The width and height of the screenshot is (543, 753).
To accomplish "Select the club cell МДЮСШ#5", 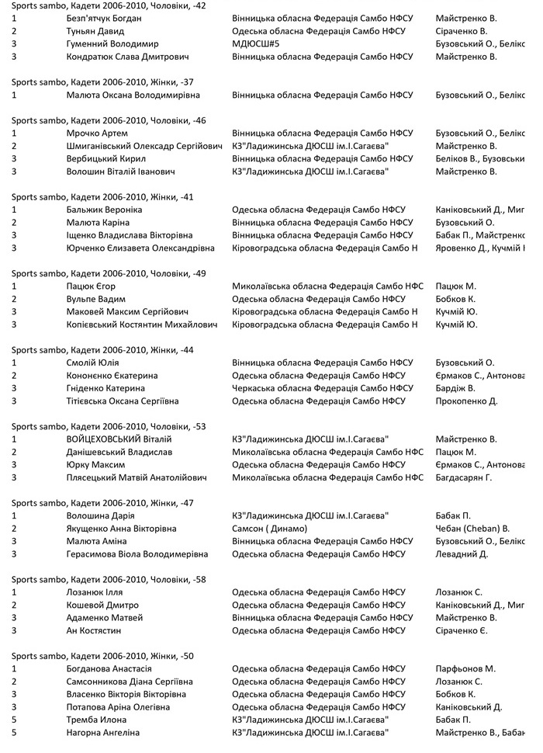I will point(256,44).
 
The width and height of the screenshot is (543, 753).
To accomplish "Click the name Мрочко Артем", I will point(98,133).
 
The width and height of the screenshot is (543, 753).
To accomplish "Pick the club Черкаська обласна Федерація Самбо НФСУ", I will point(323,388).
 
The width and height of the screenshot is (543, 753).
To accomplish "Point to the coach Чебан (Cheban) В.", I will point(472,529).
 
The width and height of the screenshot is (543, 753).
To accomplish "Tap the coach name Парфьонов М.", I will point(465,668).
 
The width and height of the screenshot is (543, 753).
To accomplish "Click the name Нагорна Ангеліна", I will point(103,732).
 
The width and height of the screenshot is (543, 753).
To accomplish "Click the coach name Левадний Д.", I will point(462,554).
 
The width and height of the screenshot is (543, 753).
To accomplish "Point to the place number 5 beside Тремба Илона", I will point(14,720).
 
